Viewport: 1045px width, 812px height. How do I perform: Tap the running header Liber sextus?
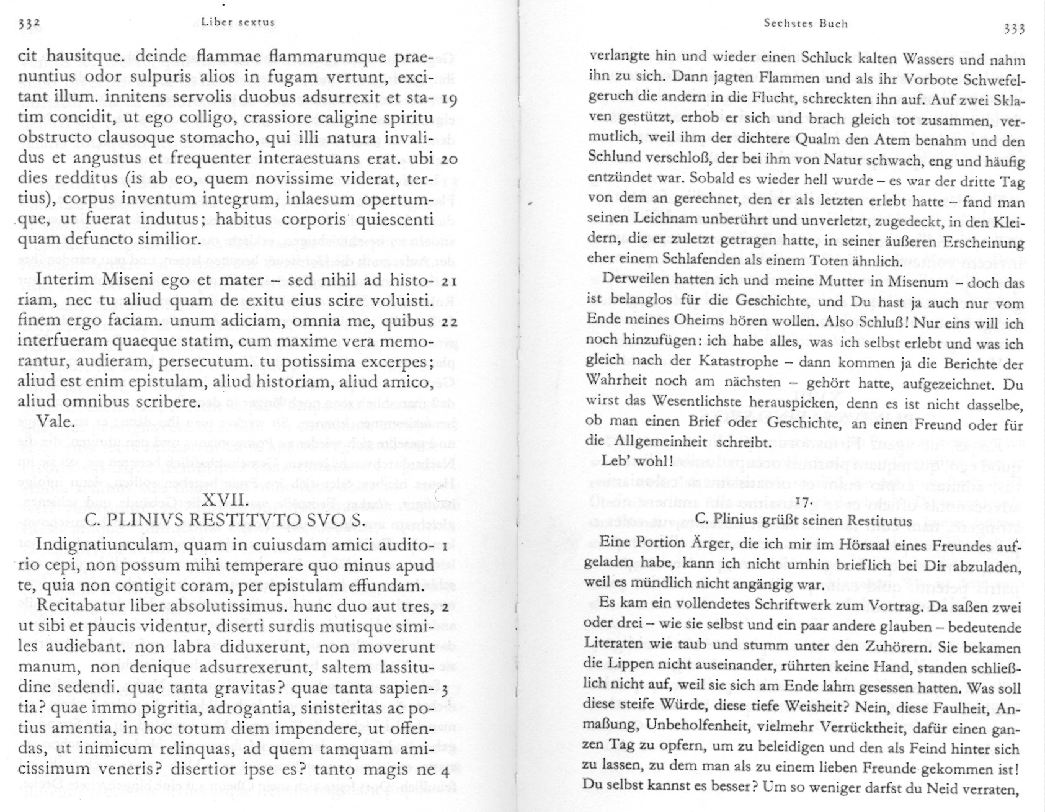tap(238, 22)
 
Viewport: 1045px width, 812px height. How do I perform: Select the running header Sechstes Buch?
tap(806, 24)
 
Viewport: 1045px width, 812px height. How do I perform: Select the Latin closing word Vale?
tap(56, 422)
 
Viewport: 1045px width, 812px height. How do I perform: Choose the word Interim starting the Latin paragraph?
tap(64, 280)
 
